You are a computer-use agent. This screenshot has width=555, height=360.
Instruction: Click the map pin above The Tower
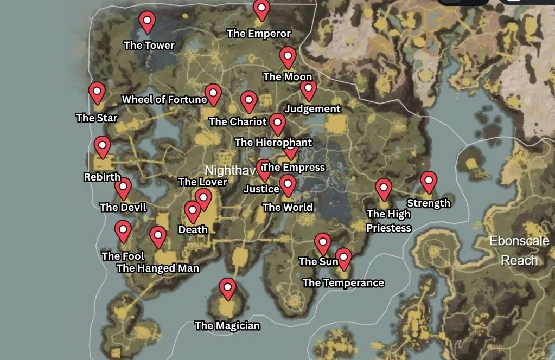(x=147, y=22)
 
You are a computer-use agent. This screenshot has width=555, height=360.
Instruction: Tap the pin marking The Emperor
(x=261, y=9)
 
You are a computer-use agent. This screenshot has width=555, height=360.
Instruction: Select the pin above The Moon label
(x=288, y=56)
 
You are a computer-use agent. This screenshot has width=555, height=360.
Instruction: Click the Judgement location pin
(x=308, y=89)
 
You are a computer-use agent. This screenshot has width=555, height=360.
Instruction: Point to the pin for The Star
(x=97, y=92)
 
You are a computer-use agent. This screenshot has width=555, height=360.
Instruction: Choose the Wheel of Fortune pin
(x=213, y=94)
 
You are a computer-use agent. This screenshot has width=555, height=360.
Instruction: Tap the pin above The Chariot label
(x=248, y=100)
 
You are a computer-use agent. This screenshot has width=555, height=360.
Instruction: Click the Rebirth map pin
(x=102, y=146)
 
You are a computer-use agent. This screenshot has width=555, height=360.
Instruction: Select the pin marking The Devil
(x=123, y=188)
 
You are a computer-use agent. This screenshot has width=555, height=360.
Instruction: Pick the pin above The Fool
(x=123, y=230)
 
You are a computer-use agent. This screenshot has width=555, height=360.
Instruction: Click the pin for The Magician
(x=228, y=288)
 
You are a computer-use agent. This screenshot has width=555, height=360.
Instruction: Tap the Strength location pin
(x=429, y=181)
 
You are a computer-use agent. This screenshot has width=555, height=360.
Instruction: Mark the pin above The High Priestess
(x=384, y=189)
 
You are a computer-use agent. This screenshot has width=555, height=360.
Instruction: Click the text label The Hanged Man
(x=157, y=268)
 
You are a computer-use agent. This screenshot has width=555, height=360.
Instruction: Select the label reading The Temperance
(x=343, y=282)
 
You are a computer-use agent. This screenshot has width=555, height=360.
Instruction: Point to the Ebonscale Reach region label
(x=519, y=250)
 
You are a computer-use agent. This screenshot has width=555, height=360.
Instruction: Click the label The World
(x=287, y=207)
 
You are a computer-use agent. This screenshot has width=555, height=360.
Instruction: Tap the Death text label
(x=193, y=229)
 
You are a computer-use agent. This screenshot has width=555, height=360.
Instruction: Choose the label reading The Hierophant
(x=273, y=143)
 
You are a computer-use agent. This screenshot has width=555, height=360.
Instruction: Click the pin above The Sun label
(x=323, y=243)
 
